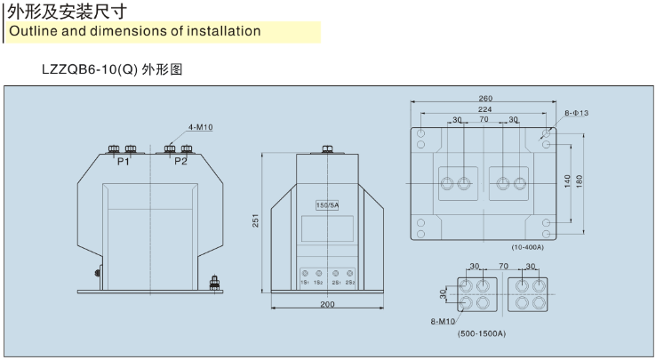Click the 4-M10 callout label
[200, 127]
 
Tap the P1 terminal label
[124, 161]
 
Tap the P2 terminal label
[180, 161]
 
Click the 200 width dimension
[328, 304]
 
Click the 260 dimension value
[484, 99]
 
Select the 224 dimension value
[484, 109]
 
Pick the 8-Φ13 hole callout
[577, 113]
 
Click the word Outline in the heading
[34, 31]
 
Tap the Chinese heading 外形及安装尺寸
[66, 12]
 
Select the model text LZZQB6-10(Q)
[90, 68]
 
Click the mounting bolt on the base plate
[214, 284]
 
